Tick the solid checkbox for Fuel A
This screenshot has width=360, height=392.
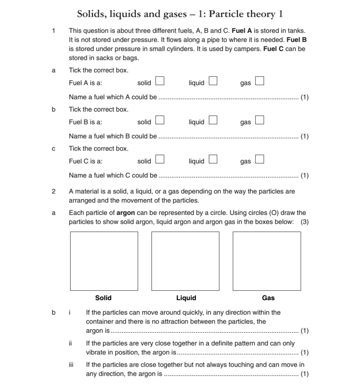[x=160, y=81]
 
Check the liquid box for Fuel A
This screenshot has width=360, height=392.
[x=213, y=81]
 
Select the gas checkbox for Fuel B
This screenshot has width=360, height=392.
[x=259, y=120]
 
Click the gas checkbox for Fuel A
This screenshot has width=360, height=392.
[x=259, y=81]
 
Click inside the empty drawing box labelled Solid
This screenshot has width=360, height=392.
[x=104, y=261]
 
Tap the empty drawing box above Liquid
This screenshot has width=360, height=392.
[x=185, y=261]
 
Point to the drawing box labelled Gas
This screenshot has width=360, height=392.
[x=267, y=261]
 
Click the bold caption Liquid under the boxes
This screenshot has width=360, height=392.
[x=186, y=298]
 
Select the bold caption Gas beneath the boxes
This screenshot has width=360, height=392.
[x=268, y=298]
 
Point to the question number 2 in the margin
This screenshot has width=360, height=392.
[x=54, y=192]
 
